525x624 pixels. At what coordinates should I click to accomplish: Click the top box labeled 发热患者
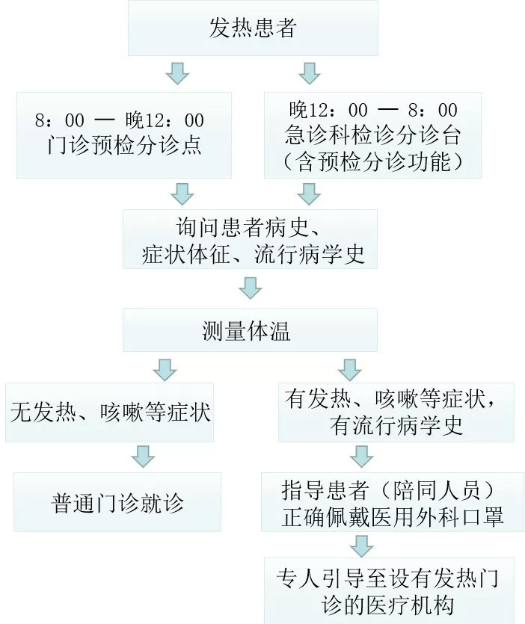[253, 28]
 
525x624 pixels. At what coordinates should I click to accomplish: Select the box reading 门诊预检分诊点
[124, 135]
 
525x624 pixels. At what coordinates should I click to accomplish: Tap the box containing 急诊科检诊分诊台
[372, 135]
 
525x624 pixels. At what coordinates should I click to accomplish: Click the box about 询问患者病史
[250, 239]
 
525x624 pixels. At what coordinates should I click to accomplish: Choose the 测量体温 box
[250, 330]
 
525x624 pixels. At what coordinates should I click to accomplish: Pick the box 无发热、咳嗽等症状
[109, 413]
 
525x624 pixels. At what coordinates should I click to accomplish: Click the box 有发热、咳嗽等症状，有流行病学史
[396, 413]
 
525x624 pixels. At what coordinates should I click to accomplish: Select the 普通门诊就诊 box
[117, 502]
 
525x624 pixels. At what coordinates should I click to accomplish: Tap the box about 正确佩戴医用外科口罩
[393, 502]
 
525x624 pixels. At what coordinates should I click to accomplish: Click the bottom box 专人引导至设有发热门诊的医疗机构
[389, 591]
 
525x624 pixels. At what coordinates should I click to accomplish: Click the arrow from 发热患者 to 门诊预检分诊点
[177, 73]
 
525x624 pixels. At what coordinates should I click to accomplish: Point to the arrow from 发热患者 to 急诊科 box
[310, 73]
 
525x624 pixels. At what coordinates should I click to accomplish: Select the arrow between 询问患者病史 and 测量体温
[251, 288]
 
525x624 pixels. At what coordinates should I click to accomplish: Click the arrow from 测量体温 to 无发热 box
[165, 370]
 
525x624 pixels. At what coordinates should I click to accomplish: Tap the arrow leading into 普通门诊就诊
[143, 456]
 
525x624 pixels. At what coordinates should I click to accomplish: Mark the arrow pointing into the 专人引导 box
[362, 546]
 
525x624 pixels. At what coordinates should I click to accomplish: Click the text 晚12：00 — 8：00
[373, 110]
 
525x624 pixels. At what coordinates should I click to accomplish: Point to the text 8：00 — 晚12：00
[120, 120]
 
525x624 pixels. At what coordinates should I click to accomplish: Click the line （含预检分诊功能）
[373, 162]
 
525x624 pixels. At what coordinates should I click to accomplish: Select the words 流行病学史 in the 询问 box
[310, 254]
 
